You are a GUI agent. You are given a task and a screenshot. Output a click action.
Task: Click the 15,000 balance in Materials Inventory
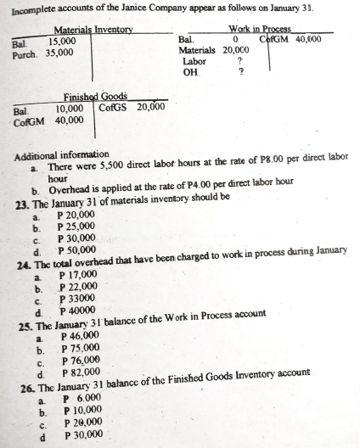pos(62,41)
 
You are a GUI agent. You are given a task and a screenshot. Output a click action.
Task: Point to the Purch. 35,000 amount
pos(57,52)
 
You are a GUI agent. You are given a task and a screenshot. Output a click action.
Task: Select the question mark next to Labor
pos(242,61)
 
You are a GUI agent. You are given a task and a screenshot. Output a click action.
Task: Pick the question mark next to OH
pos(242,72)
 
